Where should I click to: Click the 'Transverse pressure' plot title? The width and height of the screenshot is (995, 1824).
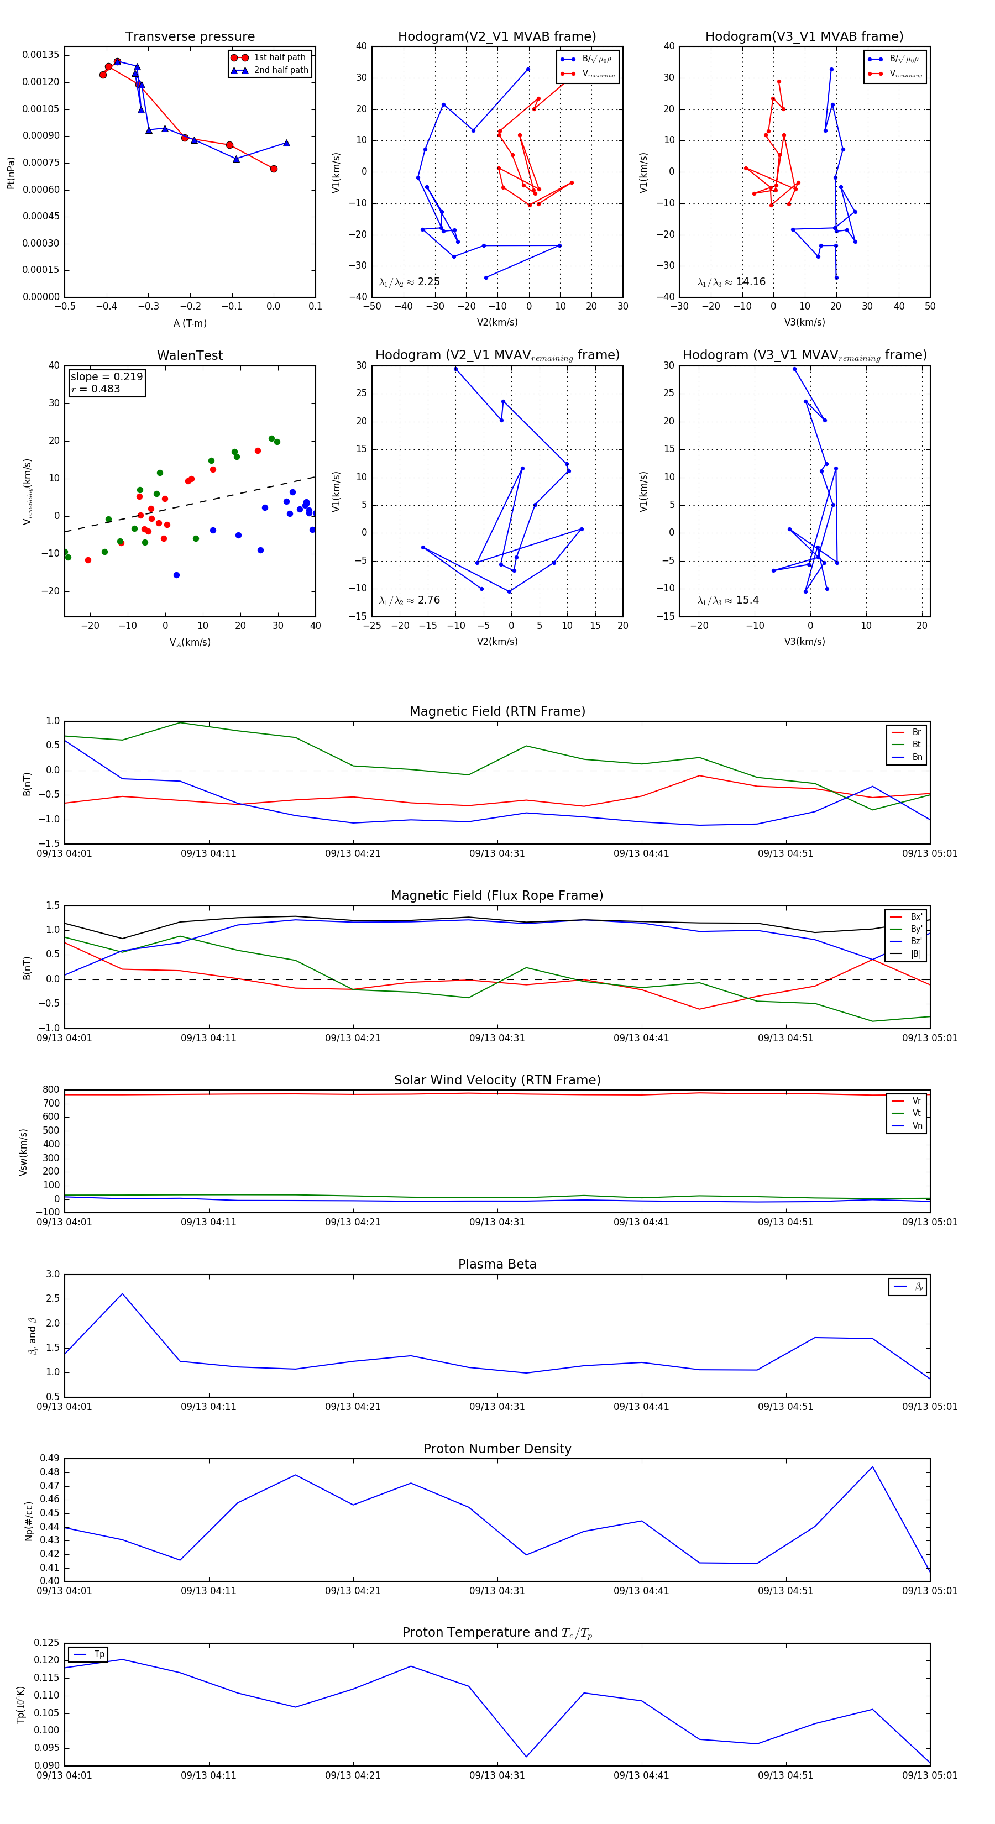tap(190, 37)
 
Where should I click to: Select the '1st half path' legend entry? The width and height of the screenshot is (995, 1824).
tap(279, 57)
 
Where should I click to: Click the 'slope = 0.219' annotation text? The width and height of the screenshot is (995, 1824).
tap(106, 377)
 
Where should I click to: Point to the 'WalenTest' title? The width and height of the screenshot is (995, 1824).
tap(190, 355)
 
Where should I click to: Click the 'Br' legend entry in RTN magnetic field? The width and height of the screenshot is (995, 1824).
tap(916, 732)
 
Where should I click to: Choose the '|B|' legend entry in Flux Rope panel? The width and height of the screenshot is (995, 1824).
tap(915, 954)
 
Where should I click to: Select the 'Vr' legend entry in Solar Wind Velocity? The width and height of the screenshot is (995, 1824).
tap(917, 1101)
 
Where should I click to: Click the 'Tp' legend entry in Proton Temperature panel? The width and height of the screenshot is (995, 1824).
tap(99, 1654)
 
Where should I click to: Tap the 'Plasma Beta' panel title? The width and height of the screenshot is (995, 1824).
tap(497, 1265)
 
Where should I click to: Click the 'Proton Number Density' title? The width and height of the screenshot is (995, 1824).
tap(497, 1449)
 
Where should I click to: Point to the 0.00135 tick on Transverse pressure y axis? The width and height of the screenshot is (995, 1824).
tap(41, 55)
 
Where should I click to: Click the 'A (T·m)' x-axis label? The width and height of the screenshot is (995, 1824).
tap(190, 323)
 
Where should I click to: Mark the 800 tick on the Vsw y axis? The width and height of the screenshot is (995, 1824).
tap(51, 1090)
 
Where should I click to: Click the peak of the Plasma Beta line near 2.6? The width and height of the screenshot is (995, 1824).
tap(123, 1293)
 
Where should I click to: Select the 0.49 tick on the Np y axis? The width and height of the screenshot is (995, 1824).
tap(50, 1459)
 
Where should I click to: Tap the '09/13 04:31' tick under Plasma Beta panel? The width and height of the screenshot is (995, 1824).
tap(497, 1406)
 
